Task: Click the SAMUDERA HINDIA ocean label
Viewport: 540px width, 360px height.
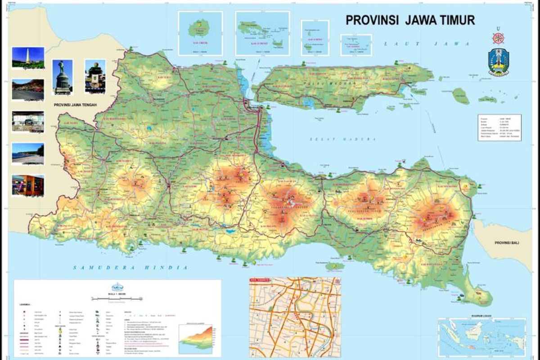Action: pos(130,268)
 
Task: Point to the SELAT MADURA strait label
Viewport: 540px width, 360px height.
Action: pos(342,140)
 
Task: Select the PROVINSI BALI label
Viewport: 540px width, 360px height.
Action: pos(507,243)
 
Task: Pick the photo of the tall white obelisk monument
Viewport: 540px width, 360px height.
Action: pos(28,57)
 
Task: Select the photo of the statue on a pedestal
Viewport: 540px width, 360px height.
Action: pos(62,77)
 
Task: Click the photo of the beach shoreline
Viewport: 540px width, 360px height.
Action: pos(28,153)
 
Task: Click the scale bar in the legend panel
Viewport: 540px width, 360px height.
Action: pos(117,298)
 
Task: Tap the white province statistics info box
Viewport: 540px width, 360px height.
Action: pos(499,128)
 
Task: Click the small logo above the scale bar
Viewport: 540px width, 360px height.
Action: pos(117,287)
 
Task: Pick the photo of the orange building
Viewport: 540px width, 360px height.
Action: pos(28,185)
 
